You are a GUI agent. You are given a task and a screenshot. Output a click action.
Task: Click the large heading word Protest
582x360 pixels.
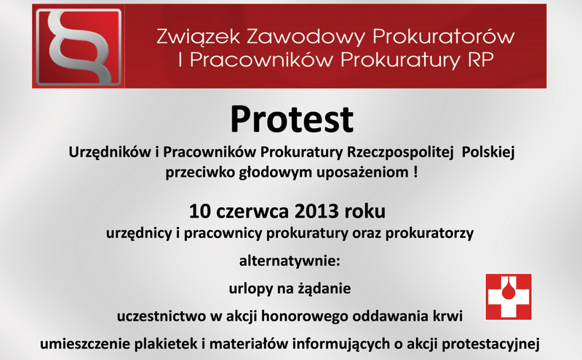pyautogui.click(x=291, y=119)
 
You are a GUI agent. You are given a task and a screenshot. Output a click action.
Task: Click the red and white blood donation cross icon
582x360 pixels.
pyautogui.click(x=509, y=297)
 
